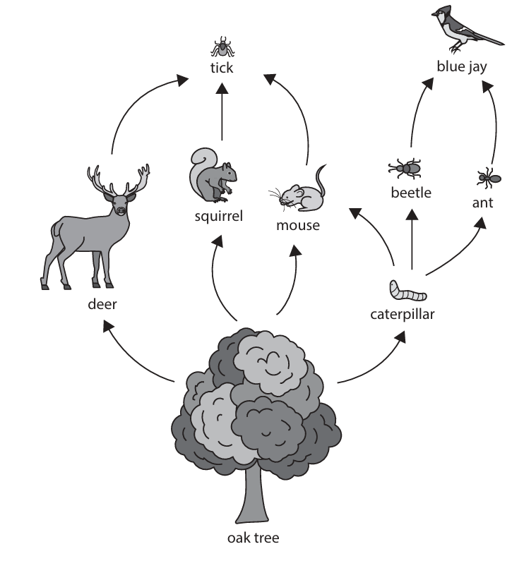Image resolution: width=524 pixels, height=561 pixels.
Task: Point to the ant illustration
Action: tap(487, 179)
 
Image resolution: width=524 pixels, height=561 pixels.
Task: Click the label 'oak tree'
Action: tap(253, 538)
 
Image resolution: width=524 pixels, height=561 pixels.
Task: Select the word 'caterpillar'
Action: tap(403, 314)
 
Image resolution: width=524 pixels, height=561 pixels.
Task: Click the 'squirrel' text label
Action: tap(218, 216)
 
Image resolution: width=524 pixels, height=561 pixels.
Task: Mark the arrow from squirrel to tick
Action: tap(221, 113)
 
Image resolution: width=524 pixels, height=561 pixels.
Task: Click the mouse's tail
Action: tap(322, 180)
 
